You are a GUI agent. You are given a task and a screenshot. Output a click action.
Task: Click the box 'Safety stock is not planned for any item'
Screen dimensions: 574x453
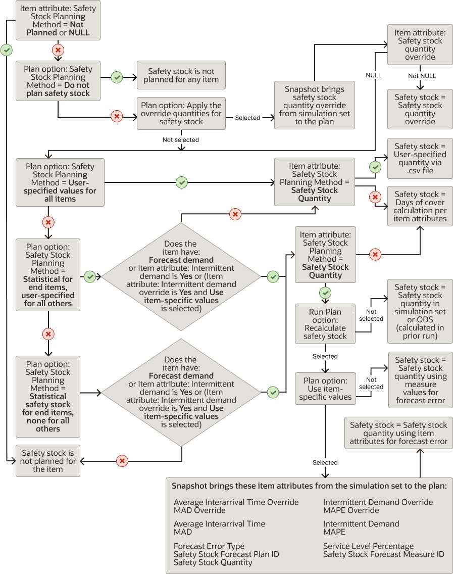tap(181, 75)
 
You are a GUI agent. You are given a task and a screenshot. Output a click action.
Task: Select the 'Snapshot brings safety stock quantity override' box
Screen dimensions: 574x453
tap(314, 105)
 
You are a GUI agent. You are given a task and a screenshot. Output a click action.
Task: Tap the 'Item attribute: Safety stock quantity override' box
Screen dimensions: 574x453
tap(420, 45)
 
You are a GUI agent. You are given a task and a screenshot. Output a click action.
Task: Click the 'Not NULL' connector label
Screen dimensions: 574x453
tap(422, 76)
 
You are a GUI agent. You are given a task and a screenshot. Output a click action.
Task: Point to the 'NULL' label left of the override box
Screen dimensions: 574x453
tap(373, 75)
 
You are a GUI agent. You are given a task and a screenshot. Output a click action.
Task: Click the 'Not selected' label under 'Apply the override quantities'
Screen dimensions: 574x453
tap(181, 139)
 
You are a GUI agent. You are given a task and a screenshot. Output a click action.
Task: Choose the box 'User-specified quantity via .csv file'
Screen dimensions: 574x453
tap(420, 158)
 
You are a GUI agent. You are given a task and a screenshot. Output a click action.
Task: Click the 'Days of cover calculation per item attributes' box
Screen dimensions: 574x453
tap(420, 206)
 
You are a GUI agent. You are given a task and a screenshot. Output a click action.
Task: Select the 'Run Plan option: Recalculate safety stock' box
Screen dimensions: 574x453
tap(325, 324)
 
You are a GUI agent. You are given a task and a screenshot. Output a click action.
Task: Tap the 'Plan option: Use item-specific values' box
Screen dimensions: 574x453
tap(325, 389)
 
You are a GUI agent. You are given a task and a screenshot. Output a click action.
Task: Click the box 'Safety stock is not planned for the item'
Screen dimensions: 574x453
tap(48, 461)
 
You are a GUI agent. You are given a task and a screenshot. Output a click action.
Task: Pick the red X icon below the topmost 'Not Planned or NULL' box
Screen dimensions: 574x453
tap(58, 50)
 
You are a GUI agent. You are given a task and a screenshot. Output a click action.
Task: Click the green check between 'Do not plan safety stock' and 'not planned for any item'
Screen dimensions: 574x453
tap(117, 77)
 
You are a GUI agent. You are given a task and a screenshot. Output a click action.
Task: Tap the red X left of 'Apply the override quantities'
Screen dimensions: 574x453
tap(117, 117)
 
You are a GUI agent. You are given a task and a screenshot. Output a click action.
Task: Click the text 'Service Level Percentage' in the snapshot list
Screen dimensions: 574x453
tap(368, 546)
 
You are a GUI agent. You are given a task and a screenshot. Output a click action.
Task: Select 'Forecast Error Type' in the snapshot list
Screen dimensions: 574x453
tap(209, 546)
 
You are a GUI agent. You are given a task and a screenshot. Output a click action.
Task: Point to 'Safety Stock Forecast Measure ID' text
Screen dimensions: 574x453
tap(383, 554)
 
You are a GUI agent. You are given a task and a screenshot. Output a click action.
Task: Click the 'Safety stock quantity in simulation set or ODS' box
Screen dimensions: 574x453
tap(420, 311)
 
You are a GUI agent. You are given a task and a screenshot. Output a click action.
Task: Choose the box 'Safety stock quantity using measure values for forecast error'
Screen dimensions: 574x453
tap(420, 380)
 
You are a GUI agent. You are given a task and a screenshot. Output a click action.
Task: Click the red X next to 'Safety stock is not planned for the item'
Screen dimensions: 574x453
tap(122, 461)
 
